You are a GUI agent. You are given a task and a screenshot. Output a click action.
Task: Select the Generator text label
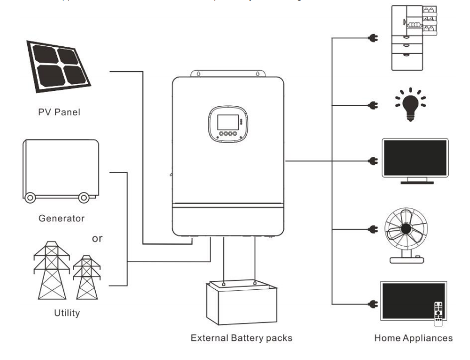[61, 218]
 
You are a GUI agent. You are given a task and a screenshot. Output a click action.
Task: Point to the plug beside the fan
[372, 230]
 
